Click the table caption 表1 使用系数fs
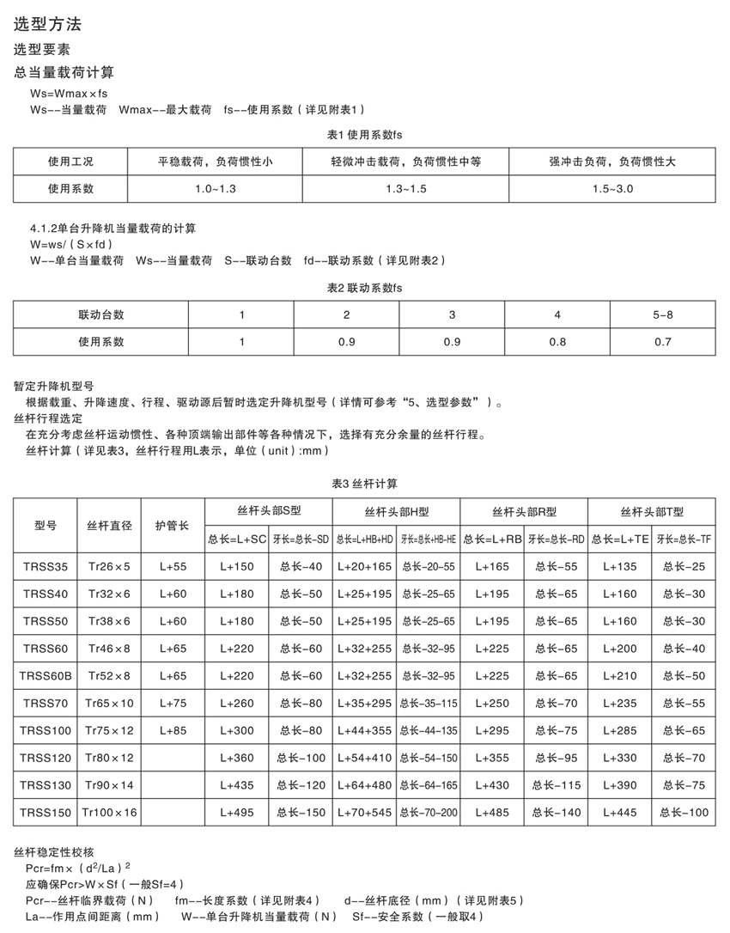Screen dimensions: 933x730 [x=365, y=135]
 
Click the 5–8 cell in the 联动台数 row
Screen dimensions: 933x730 [x=663, y=314]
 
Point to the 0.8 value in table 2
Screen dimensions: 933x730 [x=557, y=341]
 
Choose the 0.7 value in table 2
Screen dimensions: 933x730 [x=663, y=341]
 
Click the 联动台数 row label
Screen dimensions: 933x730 [x=100, y=314]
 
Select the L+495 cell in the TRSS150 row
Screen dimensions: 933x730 [x=237, y=812]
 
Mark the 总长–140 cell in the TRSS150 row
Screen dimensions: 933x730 [x=557, y=812]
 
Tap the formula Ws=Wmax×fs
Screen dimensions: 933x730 [x=69, y=94]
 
